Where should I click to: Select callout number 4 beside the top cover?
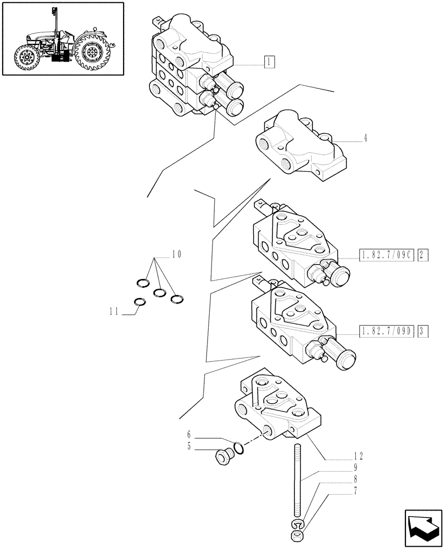[365, 138]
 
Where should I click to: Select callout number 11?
[114, 311]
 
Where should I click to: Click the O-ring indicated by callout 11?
[140, 301]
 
